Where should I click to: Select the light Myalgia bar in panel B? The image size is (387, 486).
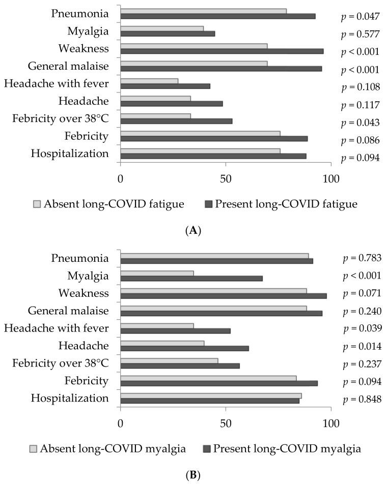[157, 274]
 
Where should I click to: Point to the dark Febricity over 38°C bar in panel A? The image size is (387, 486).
[176, 121]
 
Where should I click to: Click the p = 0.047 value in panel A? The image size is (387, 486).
[361, 17]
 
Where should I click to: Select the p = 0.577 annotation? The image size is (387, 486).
[361, 35]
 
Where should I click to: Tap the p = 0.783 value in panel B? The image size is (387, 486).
[362, 259]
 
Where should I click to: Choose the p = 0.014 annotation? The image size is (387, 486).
[362, 347]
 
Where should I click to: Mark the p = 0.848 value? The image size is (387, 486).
[362, 399]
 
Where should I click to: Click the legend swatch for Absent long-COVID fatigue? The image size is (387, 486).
[37, 204]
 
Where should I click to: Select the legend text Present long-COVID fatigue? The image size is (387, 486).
[286, 204]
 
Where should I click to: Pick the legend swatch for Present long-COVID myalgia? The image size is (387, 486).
[206, 449]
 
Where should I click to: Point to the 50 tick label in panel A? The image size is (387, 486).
[226, 179]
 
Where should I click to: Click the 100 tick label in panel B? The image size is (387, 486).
[331, 424]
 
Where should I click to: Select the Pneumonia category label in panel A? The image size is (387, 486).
[80, 13]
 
